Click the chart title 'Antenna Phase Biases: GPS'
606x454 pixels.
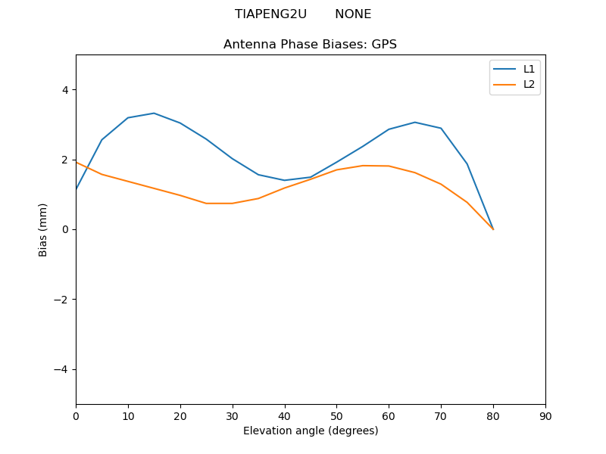pos(310,45)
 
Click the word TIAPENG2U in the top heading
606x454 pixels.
pos(270,14)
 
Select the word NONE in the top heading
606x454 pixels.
pos(353,14)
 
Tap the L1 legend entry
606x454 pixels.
pos(529,69)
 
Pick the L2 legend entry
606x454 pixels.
pos(529,84)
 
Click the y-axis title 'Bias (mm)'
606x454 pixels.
pos(43,229)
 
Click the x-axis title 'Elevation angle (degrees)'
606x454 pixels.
pos(310,431)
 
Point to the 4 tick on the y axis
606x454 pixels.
pos(64,90)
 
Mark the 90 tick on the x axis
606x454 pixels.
pos(545,416)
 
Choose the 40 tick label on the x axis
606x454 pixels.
pos(284,416)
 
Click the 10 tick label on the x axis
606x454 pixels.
pos(128,416)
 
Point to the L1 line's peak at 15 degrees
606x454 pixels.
pos(154,113)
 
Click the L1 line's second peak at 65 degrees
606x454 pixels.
pos(415,123)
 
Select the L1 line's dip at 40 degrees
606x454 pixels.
pos(284,180)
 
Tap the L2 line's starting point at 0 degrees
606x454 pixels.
pos(76,162)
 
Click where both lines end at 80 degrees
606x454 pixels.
pos(493,229)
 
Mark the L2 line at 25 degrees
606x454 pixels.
pos(206,204)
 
